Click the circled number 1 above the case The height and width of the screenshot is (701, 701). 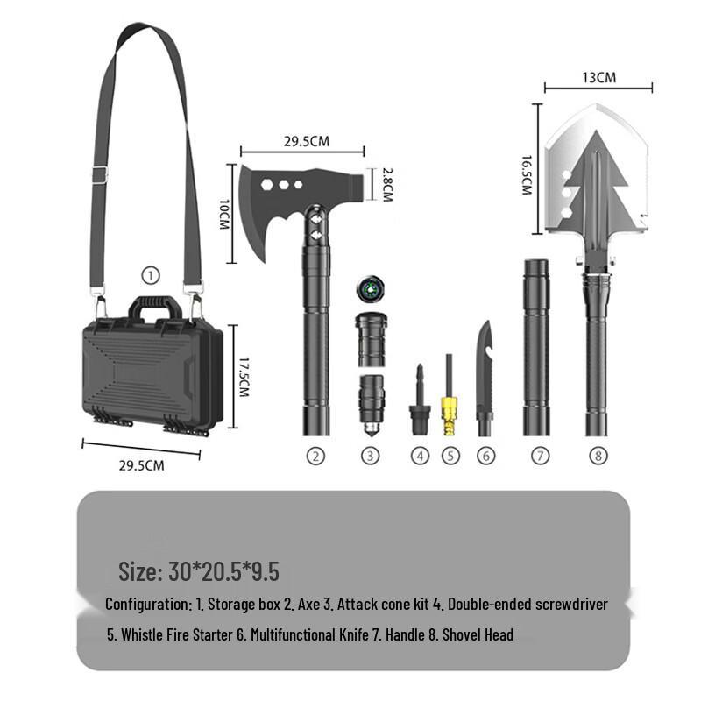152,276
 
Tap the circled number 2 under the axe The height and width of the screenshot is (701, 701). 315,456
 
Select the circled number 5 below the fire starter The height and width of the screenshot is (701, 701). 450,456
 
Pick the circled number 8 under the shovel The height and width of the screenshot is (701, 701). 597,456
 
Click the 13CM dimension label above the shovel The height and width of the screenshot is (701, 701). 598,77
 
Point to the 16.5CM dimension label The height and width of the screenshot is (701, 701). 527,175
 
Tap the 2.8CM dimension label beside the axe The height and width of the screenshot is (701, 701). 386,185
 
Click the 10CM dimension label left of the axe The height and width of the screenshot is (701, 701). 224,212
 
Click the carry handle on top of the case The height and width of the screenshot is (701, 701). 155,308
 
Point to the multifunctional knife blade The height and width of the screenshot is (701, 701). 485,368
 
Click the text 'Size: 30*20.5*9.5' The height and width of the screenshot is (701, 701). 199,572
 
